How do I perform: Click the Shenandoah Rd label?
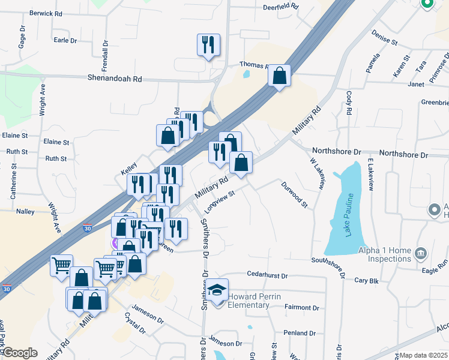click(115, 79)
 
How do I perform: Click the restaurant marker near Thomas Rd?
click(208, 44)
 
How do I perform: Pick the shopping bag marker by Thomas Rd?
click(279, 76)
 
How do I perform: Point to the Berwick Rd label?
click(46, 13)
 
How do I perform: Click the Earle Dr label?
click(65, 40)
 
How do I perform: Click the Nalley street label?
click(25, 212)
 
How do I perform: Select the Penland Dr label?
click(300, 333)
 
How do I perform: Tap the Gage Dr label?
click(22, 40)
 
